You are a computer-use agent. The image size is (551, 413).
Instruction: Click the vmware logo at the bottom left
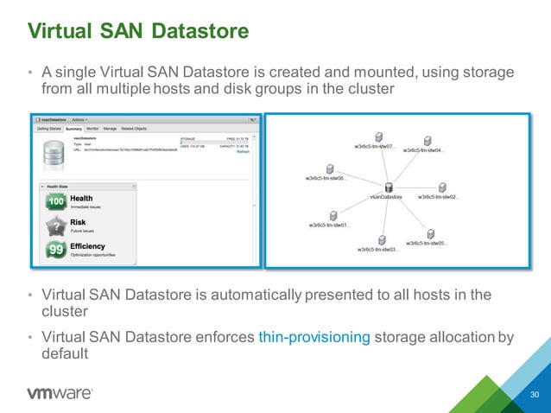point(60,393)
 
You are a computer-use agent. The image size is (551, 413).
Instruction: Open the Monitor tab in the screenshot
point(92,127)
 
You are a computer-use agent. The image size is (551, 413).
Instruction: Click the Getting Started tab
point(48,127)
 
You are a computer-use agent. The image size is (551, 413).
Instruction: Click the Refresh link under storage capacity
point(244,152)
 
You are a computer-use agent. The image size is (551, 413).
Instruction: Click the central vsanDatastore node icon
point(389,187)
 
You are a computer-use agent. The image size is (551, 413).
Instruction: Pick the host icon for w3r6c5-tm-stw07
point(378,137)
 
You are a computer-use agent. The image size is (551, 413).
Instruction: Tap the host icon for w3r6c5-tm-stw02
point(441,187)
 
